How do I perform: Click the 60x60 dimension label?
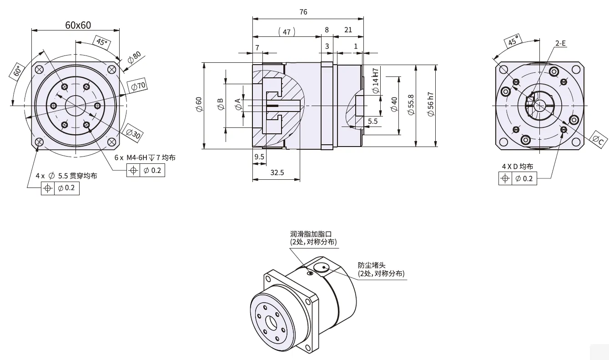[x=78, y=25]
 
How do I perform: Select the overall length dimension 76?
[x=303, y=12]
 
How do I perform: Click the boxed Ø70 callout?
[x=138, y=86]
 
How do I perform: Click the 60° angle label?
[x=18, y=72]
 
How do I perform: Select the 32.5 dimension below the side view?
[x=277, y=172]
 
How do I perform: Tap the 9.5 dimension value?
[x=259, y=157]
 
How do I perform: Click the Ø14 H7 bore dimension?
[x=376, y=81]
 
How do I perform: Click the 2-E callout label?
[x=560, y=43]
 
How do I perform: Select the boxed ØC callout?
[x=599, y=140]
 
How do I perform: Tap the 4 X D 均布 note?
[x=518, y=167]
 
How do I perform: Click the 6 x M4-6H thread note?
[x=145, y=157]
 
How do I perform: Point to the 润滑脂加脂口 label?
[x=313, y=234]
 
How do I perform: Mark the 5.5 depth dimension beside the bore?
[x=372, y=122]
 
